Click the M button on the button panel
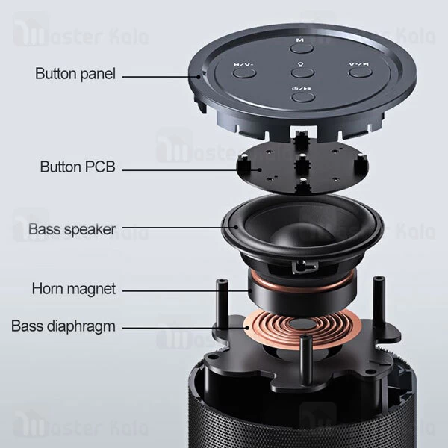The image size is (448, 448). click(x=299, y=46)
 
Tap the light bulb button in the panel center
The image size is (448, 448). click(x=301, y=71)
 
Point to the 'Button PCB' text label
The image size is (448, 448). click(x=77, y=167)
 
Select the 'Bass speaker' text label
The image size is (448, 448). click(x=72, y=229)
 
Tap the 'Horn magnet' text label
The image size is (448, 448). click(x=74, y=288)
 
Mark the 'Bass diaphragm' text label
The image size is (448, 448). click(x=63, y=326)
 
